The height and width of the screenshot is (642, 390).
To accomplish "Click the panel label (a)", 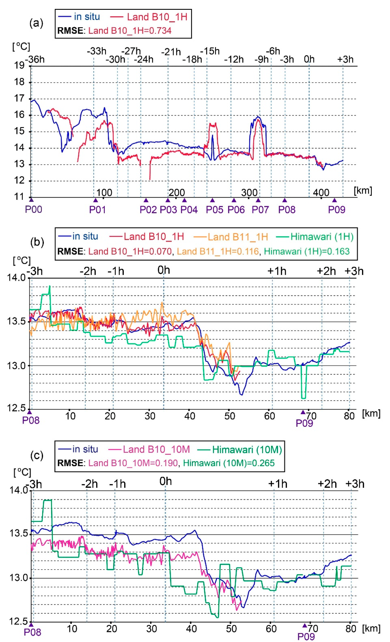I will tap(36, 23).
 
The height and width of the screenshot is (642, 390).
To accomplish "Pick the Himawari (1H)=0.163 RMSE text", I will tap(307, 251).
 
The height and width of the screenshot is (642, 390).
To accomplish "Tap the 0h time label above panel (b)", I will tap(164, 270).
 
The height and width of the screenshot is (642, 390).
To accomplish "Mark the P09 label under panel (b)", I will tap(304, 423).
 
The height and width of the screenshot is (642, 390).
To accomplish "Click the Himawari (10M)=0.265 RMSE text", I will tap(229, 463).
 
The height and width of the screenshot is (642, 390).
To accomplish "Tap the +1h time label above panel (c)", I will tap(278, 484).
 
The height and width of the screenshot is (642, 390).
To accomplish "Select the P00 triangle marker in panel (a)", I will tap(31, 200).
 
